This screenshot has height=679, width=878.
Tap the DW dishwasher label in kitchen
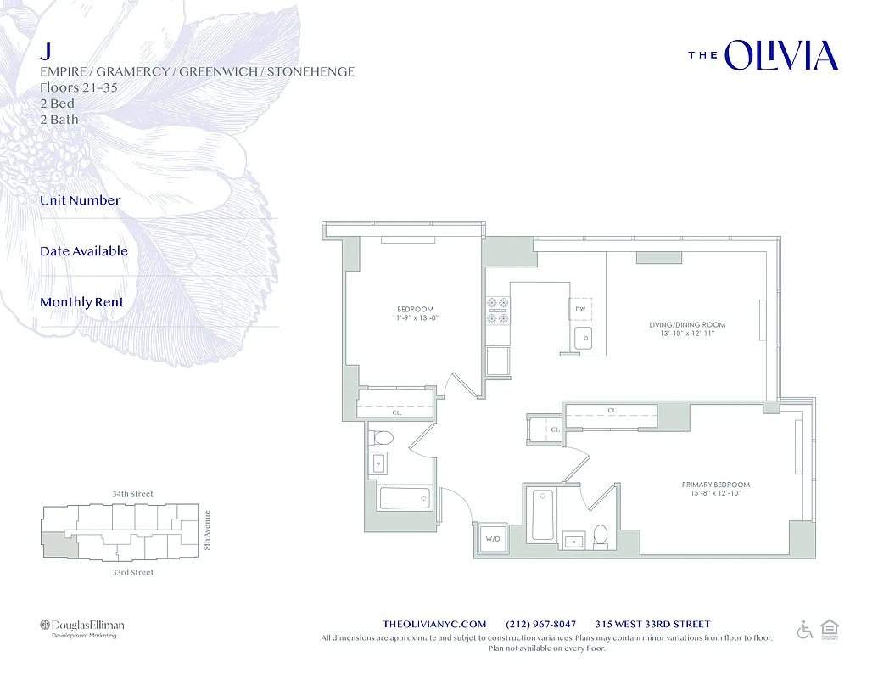pos(580,310)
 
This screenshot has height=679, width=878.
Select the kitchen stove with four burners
pos(497,311)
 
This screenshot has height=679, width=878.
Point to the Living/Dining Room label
pos(687,329)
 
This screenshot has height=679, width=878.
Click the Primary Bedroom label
pos(715,489)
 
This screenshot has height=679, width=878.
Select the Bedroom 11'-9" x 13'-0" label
pos(416,313)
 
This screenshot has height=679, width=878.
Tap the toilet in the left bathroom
pos(383,439)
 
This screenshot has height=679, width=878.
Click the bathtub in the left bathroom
pos(405,498)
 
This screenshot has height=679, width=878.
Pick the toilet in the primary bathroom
pos(601,535)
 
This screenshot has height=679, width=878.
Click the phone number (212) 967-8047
pos(540,624)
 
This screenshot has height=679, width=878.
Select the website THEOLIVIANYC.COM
pos(435,624)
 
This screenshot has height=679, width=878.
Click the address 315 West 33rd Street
pos(652,624)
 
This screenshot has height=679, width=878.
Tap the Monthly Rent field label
pos(81,302)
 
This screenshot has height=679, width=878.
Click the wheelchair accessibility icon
pos(804,630)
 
